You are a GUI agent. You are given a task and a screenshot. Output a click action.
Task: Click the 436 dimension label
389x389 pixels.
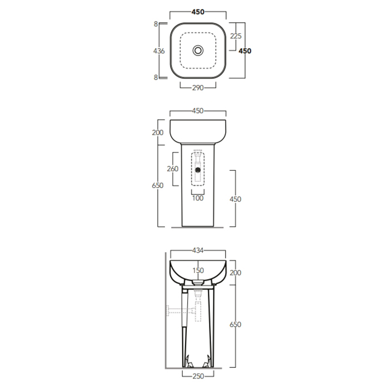point(159,51)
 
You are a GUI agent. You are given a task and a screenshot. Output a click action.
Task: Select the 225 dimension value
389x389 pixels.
point(236,36)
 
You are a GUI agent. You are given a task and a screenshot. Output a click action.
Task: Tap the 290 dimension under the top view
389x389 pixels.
point(198,88)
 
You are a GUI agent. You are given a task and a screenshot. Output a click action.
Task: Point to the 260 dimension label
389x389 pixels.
point(173,169)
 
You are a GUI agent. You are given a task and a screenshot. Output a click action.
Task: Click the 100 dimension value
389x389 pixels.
point(198,198)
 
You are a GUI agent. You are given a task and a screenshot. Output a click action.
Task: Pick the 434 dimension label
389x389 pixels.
point(198,251)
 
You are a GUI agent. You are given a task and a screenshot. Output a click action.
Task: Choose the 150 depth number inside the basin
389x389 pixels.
point(198,271)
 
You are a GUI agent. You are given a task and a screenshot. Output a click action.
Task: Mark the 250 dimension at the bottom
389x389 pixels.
point(198,376)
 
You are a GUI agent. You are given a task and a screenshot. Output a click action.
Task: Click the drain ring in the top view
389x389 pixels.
point(198,51)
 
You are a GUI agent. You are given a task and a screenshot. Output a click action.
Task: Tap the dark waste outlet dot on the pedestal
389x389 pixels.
point(198,170)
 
